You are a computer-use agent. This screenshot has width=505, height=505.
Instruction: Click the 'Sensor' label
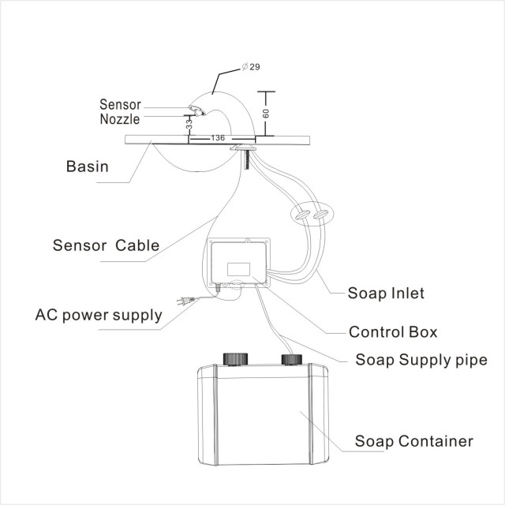tap(121, 104)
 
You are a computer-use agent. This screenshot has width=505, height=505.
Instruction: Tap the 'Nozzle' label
tap(120, 119)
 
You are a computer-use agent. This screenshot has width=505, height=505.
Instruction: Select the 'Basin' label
tap(87, 166)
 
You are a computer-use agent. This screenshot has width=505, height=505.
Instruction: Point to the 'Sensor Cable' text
tap(106, 244)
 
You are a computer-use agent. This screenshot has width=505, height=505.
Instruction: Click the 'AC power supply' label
tap(99, 315)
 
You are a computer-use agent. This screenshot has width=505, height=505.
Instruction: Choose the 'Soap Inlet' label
tap(387, 294)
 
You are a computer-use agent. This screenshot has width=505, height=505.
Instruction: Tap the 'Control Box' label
tap(393, 331)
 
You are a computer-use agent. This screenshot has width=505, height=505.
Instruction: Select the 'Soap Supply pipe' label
tap(421, 360)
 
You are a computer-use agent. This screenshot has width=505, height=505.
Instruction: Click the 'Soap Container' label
tap(414, 440)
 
